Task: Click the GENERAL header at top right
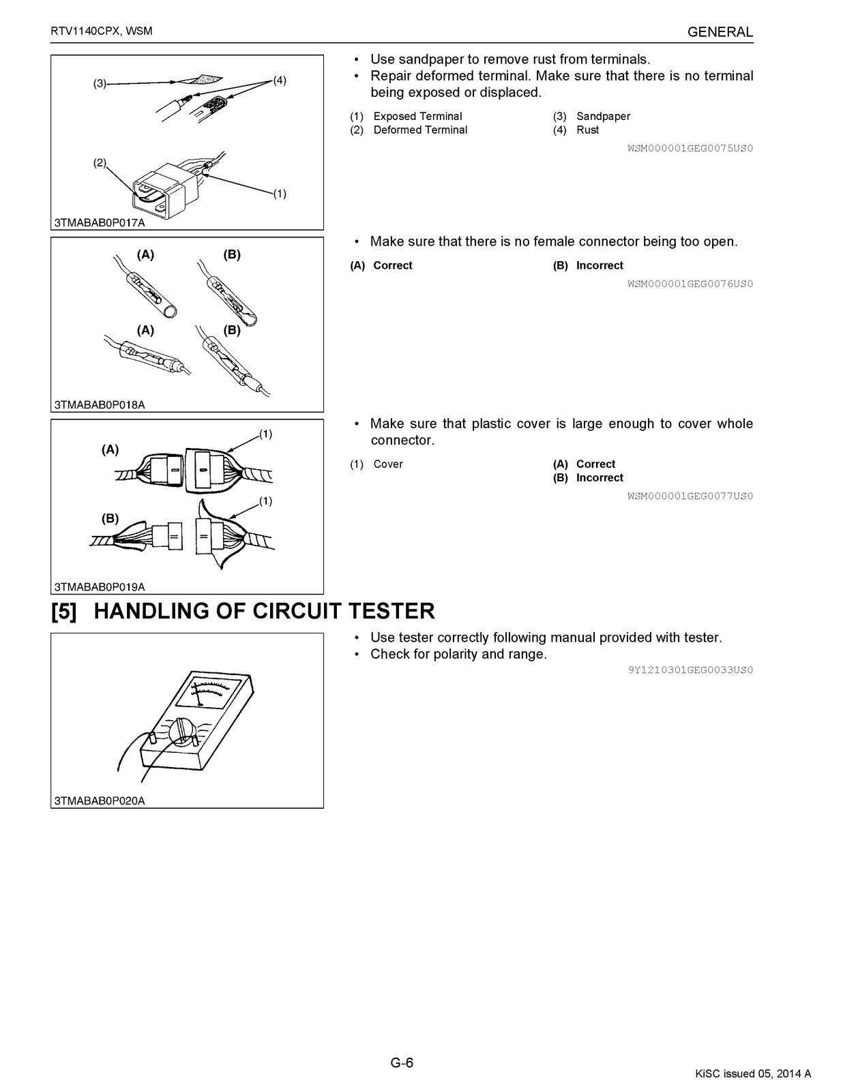coord(720,32)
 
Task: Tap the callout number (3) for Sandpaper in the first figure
coord(100,84)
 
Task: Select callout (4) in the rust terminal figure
coord(280,80)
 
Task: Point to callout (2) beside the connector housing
coord(100,162)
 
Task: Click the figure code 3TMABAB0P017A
coord(100,222)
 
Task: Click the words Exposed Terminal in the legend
coord(417,117)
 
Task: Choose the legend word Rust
coord(587,130)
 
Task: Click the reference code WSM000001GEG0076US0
coord(690,284)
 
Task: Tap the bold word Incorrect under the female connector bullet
coord(600,266)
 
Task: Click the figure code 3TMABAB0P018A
coord(100,404)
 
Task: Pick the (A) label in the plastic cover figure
coord(110,449)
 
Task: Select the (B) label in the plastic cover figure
coord(110,518)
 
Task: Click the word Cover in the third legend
coord(388,464)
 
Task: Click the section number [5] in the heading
coord(65,611)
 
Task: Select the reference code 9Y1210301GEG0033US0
coord(690,670)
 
